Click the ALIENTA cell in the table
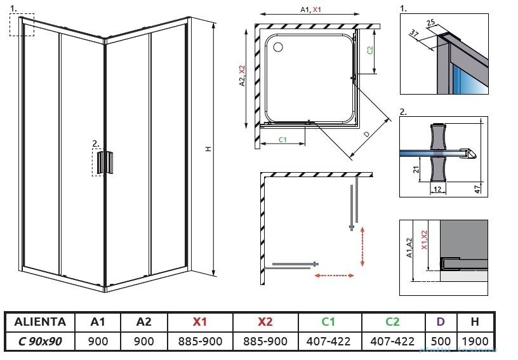point(40,322)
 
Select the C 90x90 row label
point(40,341)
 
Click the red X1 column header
point(201,322)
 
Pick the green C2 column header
point(392,322)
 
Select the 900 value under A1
point(98,341)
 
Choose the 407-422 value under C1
point(329,341)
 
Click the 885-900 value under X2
point(265,341)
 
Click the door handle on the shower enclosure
point(104,162)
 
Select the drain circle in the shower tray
point(277,45)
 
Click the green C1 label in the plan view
point(283,139)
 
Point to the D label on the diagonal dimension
point(367,134)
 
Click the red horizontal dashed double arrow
point(335,276)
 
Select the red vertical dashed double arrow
point(362,247)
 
